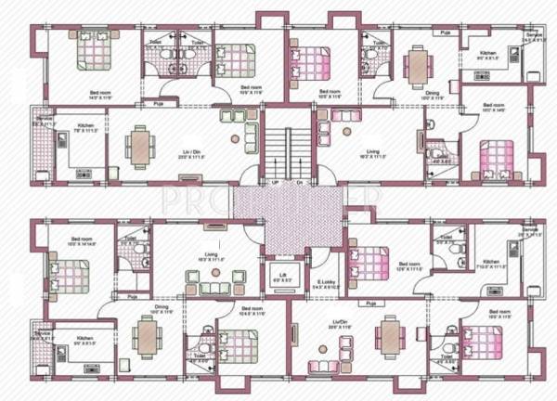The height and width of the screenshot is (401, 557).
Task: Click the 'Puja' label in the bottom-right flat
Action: [370, 304]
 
